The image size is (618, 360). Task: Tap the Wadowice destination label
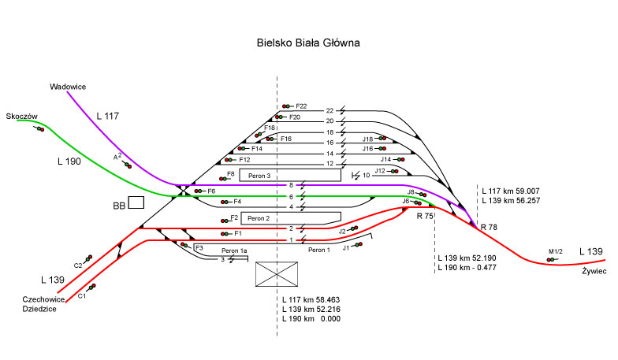point(67,86)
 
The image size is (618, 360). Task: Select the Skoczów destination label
point(21,116)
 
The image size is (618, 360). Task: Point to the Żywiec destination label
point(592,269)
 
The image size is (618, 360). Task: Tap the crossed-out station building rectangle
point(277,273)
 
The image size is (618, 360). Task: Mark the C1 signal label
point(81,296)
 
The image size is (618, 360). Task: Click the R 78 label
point(490,226)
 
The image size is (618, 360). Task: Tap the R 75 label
point(424,216)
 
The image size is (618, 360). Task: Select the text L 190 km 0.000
point(314,319)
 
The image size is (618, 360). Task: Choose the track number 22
point(330,111)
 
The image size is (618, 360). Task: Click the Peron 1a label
point(234,250)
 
